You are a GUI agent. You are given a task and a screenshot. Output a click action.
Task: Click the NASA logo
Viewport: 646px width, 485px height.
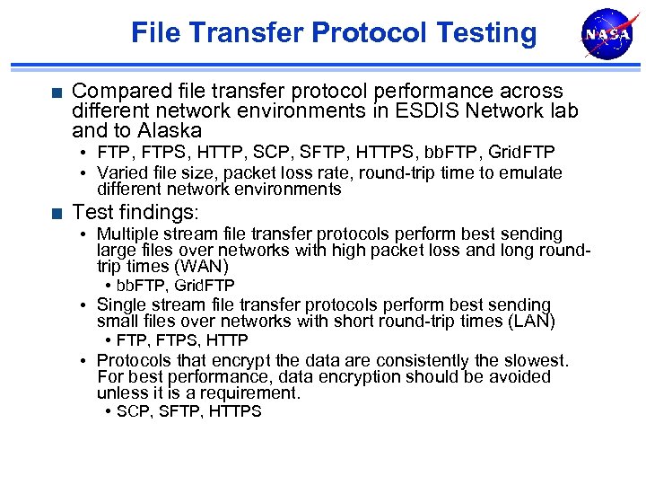point(607,34)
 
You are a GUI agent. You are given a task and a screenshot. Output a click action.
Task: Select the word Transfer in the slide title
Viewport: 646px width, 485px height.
point(252,33)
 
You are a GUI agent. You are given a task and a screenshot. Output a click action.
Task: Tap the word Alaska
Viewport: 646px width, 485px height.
point(168,130)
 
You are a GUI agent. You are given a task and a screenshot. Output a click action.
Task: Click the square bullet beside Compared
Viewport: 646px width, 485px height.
point(57,92)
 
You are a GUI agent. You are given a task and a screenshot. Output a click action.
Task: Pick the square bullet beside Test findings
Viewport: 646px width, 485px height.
point(57,213)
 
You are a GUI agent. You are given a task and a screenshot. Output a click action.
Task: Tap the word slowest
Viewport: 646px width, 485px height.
point(536,361)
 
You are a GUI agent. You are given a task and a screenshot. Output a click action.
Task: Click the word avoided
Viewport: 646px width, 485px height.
point(519,377)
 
